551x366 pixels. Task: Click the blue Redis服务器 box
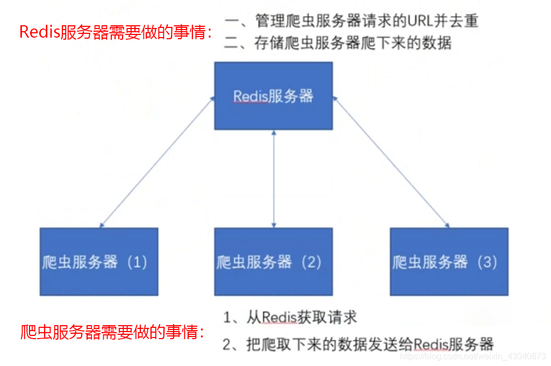(273, 96)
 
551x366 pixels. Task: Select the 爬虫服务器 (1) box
(99, 262)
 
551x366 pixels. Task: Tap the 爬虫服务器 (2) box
(273, 262)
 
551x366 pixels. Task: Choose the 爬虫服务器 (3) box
(449, 262)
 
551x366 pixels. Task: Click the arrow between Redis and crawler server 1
(156, 161)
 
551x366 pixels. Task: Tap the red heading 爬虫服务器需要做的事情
(112, 332)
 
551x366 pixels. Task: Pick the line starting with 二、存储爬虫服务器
(338, 43)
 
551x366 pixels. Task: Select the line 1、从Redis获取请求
(290, 317)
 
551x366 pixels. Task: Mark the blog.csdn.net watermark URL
(474, 356)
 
